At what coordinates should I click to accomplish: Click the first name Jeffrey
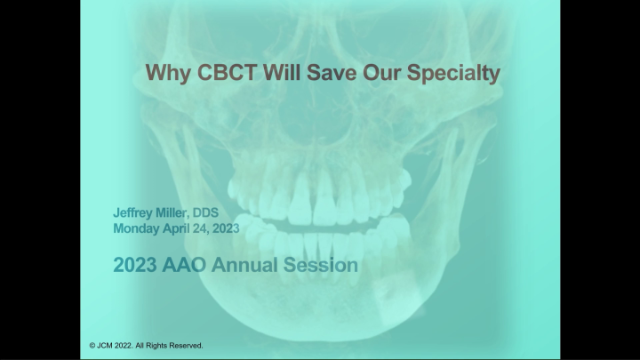pos(136,213)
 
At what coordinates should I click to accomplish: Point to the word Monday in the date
pos(138,228)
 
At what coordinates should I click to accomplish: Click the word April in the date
pos(186,228)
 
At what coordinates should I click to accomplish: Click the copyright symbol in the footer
pos(92,345)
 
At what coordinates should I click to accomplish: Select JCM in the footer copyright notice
pos(107,345)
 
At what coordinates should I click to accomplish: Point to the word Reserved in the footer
pos(186,345)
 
